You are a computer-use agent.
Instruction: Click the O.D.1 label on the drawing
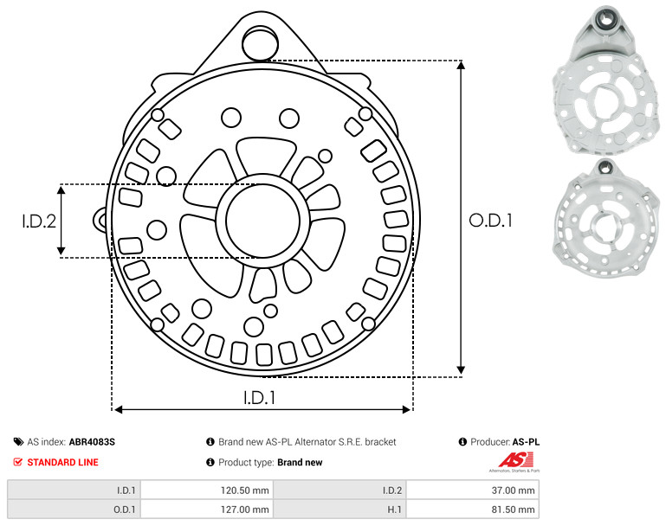(x=490, y=221)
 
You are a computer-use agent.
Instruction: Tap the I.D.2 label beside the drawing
(x=39, y=221)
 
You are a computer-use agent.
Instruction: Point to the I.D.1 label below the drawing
(x=260, y=398)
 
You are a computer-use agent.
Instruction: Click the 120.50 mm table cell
(x=207, y=491)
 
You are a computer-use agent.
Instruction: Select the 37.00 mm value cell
(x=473, y=491)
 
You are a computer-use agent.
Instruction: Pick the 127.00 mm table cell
(x=207, y=510)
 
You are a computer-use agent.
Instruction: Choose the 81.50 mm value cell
(x=473, y=510)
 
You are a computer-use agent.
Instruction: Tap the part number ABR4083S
(x=92, y=442)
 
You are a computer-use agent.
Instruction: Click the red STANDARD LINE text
(x=63, y=462)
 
